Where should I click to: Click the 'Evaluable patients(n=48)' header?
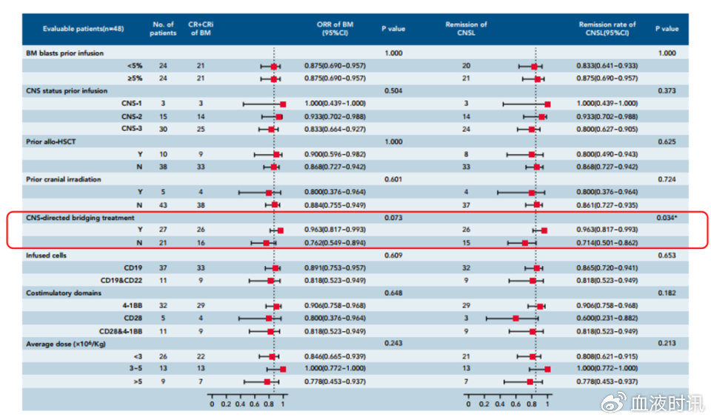click(84, 28)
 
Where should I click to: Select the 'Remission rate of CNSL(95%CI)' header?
click(607, 28)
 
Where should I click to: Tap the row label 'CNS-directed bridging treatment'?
click(80, 218)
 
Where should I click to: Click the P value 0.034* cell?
click(667, 218)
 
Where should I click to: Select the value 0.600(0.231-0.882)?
click(607, 318)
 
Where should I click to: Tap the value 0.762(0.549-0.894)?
click(335, 242)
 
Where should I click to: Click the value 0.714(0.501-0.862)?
click(607, 242)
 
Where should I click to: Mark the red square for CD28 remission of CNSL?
click(515, 318)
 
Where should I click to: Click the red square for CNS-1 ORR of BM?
click(282, 104)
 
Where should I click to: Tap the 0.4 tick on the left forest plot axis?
click(240, 404)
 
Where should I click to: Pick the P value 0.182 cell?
click(667, 293)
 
